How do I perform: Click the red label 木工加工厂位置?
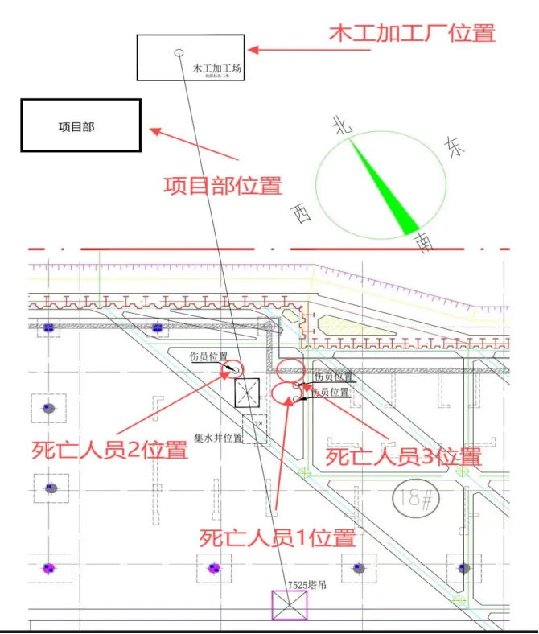(x=413, y=34)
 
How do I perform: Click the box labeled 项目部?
(x=80, y=126)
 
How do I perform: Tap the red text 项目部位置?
(x=223, y=186)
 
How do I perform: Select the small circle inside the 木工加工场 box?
(x=179, y=53)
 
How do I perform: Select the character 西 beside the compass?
(x=302, y=214)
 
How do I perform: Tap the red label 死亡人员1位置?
(x=277, y=537)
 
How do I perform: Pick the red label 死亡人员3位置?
(x=403, y=457)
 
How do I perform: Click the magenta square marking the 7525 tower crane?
(x=289, y=605)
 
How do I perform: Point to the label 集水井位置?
(x=218, y=439)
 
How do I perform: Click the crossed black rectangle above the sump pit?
(x=247, y=393)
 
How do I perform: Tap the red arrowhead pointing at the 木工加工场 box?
(x=252, y=50)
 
